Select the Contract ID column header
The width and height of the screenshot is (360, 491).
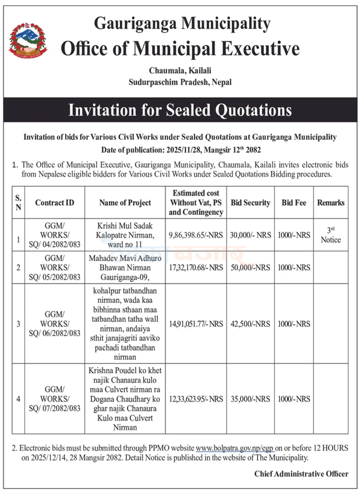click(x=54, y=203)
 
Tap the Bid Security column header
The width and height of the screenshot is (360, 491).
click(x=250, y=203)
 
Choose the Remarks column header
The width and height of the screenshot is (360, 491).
click(x=330, y=203)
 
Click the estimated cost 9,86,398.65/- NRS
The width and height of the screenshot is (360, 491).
click(x=196, y=236)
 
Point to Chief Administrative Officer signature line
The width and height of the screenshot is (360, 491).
click(x=301, y=474)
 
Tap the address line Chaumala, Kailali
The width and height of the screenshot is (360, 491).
click(x=180, y=70)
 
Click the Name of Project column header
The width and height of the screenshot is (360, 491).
click(x=125, y=203)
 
